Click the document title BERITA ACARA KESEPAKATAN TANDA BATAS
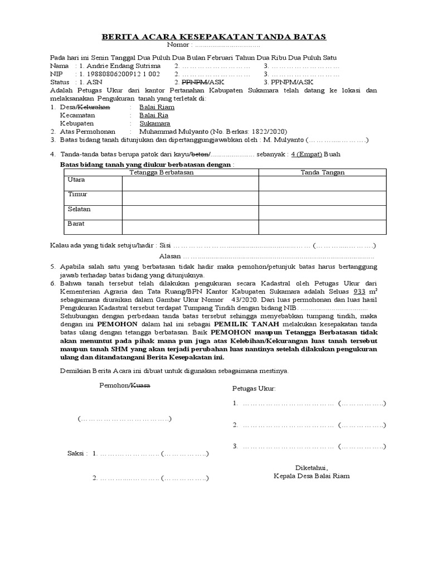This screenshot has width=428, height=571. pos(213,37)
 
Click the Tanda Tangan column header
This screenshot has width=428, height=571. pos(323,172)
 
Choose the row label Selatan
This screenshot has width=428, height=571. pos(79,209)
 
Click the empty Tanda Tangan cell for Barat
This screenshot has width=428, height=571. pos(323,226)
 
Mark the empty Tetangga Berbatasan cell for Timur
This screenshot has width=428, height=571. pos(190,197)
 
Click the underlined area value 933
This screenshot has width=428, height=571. pos(360,292)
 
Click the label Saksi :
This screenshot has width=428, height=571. pos(77,454)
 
